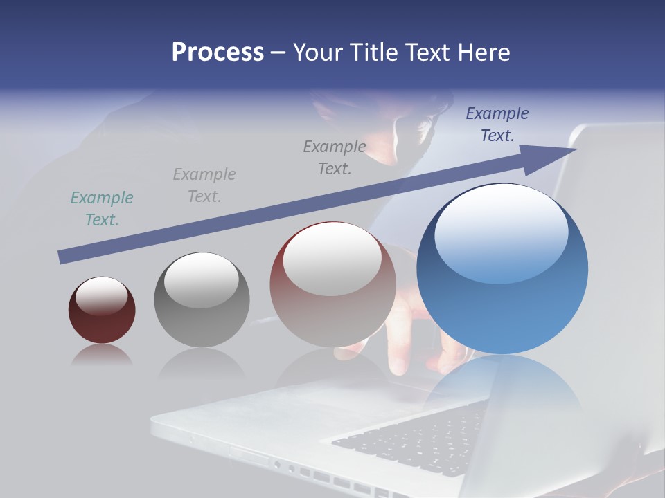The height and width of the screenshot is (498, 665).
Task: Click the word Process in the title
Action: coord(218,53)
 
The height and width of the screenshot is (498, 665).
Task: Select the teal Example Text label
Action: coord(102,208)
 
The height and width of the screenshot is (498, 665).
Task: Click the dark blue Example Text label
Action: coord(497,124)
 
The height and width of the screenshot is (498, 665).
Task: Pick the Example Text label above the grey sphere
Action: coord(204,185)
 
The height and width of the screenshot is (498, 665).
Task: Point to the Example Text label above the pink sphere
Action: coord(335,157)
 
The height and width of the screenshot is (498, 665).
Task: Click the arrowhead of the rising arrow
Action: coord(558,156)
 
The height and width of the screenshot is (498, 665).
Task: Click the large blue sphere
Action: coord(502,304)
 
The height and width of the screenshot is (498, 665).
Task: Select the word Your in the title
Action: coord(321,53)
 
